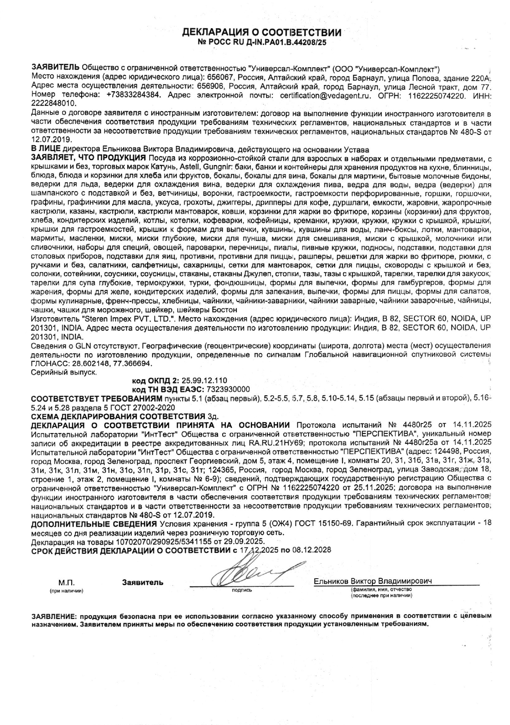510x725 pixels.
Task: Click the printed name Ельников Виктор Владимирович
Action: pyautogui.click(x=373, y=581)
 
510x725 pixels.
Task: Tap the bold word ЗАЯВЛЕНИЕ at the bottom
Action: pyautogui.click(x=54, y=616)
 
